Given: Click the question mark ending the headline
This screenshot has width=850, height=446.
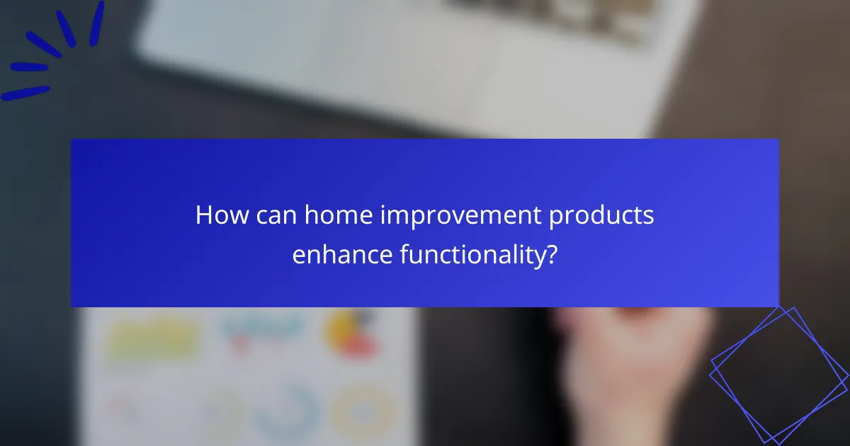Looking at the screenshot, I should [550, 254].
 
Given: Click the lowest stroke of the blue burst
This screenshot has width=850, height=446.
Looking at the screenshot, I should [26, 93].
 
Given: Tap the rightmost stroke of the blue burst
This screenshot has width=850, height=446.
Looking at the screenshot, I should [96, 25].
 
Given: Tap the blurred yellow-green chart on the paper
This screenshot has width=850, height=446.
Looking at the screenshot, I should [152, 340].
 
